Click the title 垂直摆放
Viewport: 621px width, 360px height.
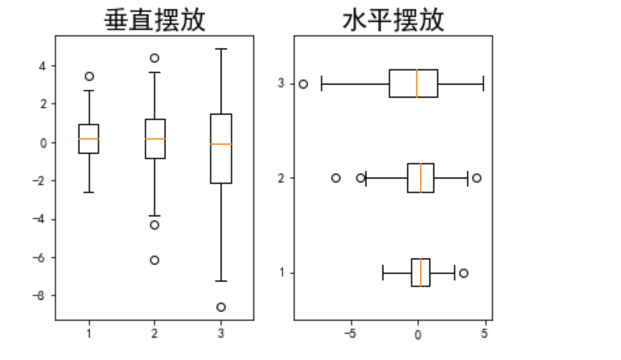click(x=155, y=20)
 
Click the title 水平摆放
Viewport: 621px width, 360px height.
click(x=393, y=20)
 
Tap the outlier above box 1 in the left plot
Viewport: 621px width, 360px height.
click(x=89, y=76)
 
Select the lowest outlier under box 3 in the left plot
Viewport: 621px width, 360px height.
click(x=221, y=307)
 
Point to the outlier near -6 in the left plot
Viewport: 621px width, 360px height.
click(x=155, y=260)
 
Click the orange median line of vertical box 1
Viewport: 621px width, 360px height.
click(x=89, y=139)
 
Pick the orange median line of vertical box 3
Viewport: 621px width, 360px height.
click(x=221, y=143)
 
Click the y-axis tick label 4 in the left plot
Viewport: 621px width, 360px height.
click(x=42, y=66)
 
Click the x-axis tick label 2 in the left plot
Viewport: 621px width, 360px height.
click(x=155, y=335)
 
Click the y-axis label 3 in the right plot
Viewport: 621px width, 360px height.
click(x=282, y=83)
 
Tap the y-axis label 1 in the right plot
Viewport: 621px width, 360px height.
click(x=282, y=273)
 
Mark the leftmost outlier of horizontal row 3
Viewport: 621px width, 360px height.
click(x=303, y=84)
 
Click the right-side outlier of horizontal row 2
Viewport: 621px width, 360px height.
click(x=477, y=178)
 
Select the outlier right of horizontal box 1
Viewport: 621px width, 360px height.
click(x=464, y=273)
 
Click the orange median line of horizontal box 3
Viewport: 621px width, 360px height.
click(x=417, y=83)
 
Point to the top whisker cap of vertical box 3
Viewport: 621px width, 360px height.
click(x=221, y=49)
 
